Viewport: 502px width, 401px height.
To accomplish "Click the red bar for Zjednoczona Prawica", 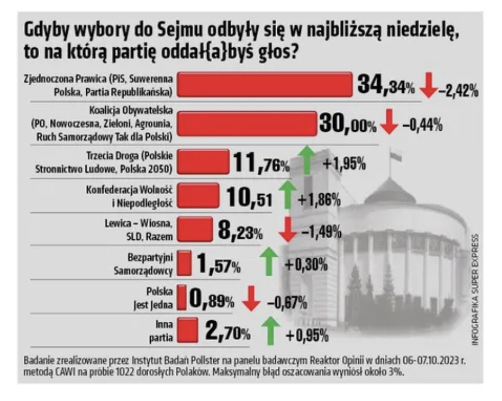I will [265, 85].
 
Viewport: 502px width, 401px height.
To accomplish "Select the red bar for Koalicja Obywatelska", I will [247, 123].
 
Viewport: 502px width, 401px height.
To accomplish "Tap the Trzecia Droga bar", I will [203, 162].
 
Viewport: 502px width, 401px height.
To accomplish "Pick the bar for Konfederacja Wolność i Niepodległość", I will [198, 196].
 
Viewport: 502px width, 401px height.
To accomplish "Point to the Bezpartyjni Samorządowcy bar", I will [185, 263].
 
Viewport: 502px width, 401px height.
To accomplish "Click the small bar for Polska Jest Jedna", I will [182, 297].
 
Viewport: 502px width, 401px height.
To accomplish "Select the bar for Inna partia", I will [188, 330].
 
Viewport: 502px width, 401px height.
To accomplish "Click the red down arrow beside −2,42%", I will [429, 87].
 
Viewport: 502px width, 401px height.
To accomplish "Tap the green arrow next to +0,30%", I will [268, 262].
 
